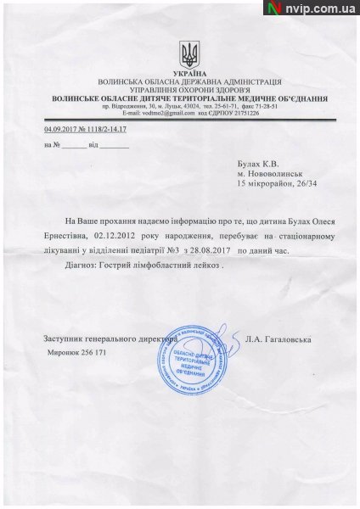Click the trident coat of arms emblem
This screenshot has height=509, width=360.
[188, 56]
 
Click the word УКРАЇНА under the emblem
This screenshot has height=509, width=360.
[188, 75]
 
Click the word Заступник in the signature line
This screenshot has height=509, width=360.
[65, 339]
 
